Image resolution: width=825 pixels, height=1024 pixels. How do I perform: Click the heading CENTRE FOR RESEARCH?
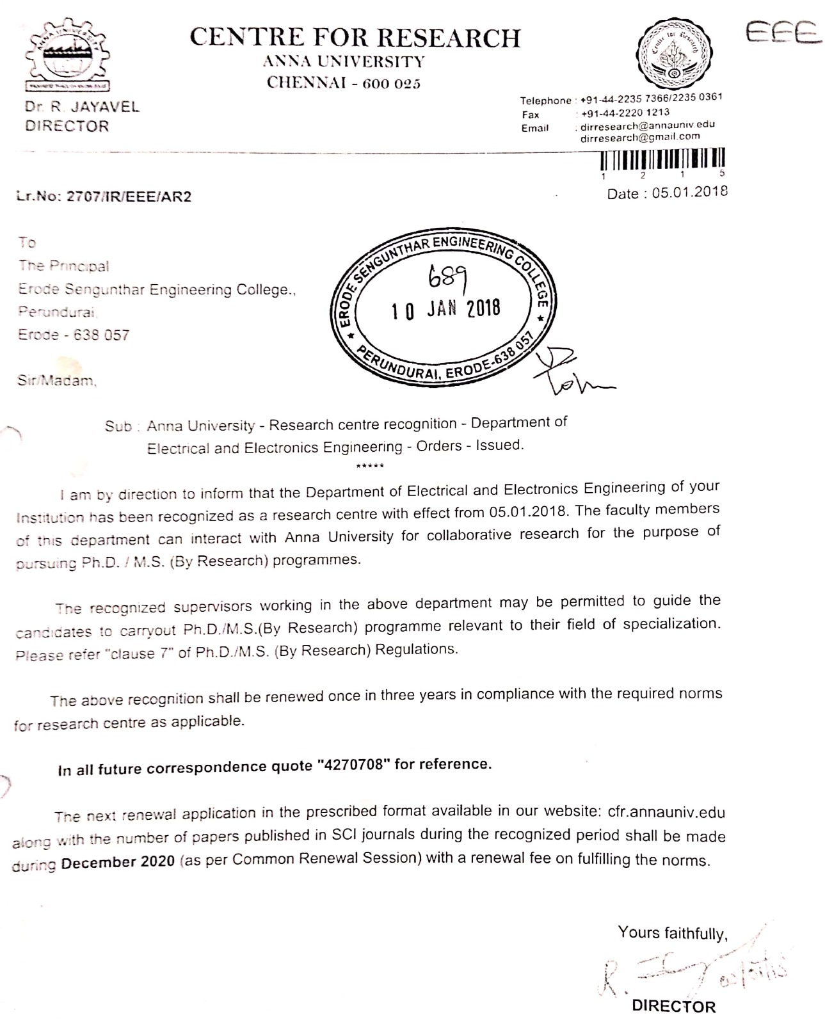[355, 38]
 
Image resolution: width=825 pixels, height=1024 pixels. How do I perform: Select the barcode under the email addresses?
[663, 158]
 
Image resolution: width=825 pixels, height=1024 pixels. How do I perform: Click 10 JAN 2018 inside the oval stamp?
[445, 309]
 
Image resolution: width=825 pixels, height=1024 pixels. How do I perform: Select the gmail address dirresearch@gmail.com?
[640, 137]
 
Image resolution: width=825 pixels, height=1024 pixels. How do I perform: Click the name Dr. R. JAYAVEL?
[82, 107]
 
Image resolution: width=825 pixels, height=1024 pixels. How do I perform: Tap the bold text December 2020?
[118, 862]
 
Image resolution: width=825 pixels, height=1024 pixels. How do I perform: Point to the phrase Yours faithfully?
[673, 933]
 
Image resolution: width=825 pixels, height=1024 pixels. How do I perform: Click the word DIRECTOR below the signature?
[673, 1005]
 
